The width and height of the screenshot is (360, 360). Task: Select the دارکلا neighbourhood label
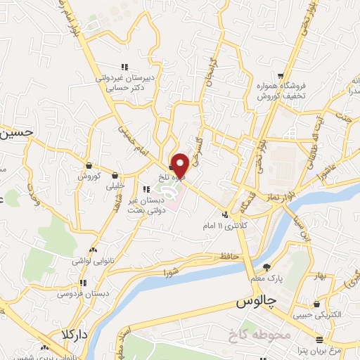click(72, 333)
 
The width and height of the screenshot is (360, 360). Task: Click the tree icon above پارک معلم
click(267, 266)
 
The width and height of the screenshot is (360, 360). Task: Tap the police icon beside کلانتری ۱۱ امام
click(225, 214)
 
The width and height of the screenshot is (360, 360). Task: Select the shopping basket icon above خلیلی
click(114, 175)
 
